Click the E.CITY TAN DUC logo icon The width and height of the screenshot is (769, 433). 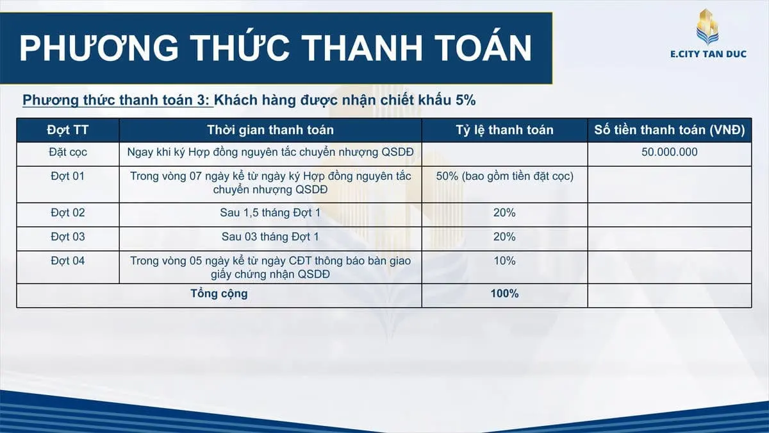[707, 26]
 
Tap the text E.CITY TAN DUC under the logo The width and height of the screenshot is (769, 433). [707, 54]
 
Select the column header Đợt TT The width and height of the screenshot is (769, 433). [68, 130]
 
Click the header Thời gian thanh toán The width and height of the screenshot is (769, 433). [270, 130]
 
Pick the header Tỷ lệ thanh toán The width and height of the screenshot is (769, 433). [504, 130]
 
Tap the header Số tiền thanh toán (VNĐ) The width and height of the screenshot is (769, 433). [669, 130]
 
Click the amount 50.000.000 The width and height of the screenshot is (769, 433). [669, 152]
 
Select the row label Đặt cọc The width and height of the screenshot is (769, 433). [68, 152]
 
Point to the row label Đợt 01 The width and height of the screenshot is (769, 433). [68, 176]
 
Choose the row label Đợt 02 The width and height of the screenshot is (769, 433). [68, 213]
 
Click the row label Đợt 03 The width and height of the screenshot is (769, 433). [68, 237]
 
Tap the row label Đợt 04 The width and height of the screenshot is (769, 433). [68, 261]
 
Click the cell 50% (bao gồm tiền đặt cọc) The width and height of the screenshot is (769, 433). [504, 176]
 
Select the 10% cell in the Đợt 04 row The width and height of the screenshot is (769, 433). [504, 261]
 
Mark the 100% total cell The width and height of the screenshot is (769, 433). [504, 294]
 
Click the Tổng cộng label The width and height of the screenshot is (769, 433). [219, 294]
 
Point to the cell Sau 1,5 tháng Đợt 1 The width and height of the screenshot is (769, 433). [270, 213]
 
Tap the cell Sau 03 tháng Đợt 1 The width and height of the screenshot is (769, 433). [270, 237]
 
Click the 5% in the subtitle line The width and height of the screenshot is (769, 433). [466, 100]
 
